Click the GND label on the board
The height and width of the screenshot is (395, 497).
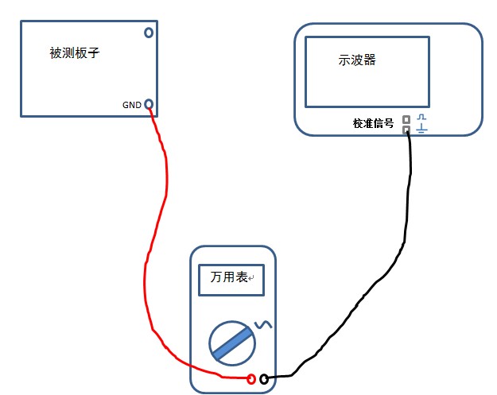(x=131, y=104)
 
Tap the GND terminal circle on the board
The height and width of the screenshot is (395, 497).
(x=148, y=104)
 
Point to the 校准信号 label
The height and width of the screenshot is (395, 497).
(x=374, y=123)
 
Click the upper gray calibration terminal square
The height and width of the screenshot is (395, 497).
(x=406, y=120)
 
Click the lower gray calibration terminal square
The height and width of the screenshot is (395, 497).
(x=406, y=129)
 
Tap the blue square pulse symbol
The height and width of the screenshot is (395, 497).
(x=421, y=118)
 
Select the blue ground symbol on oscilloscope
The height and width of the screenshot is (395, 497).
(x=421, y=129)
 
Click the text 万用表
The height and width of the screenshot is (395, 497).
(x=227, y=278)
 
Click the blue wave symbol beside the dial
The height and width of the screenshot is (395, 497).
(x=262, y=324)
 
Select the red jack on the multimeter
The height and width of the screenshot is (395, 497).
(x=251, y=379)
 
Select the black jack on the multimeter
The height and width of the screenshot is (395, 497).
(x=263, y=379)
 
